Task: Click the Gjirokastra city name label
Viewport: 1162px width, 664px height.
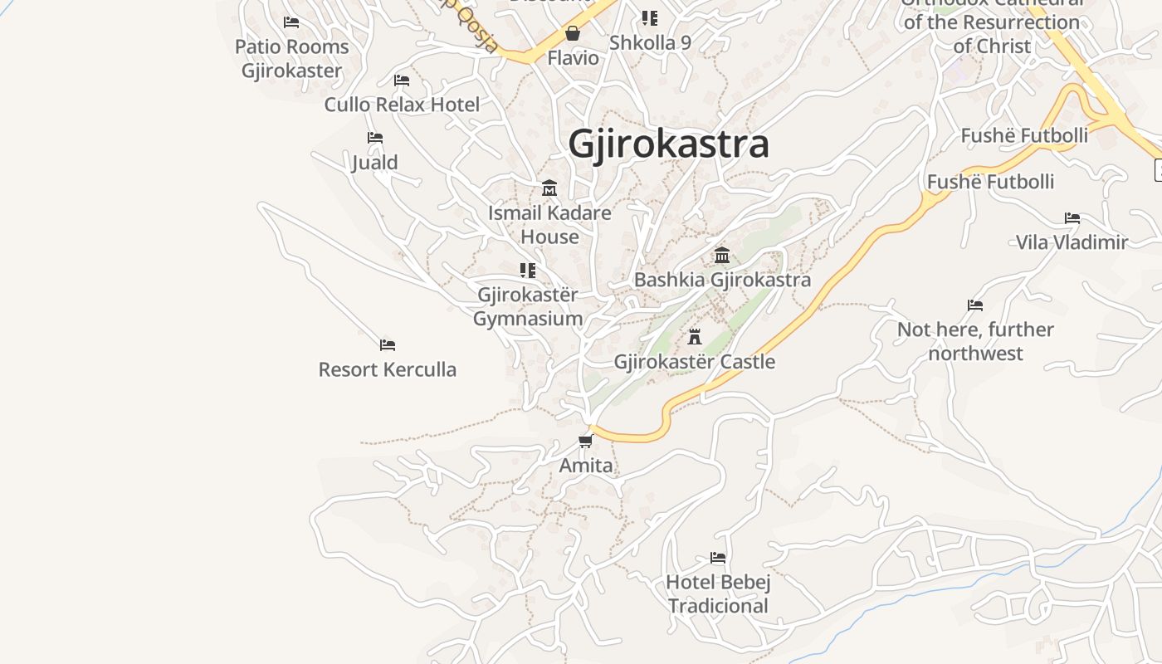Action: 669,144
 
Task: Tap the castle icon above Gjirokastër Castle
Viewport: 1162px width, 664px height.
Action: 695,337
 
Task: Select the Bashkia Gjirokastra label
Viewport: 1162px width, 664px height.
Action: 722,280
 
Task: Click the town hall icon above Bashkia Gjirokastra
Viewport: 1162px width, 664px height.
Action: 722,255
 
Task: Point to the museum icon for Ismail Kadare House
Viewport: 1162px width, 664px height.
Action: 549,188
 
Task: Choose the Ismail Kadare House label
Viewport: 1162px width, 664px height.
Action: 549,225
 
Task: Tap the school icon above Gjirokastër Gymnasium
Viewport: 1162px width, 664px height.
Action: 528,270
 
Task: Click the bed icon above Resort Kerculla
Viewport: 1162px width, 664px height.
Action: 387,344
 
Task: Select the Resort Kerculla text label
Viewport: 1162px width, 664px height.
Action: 387,369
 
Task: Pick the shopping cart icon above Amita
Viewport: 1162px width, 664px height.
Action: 586,441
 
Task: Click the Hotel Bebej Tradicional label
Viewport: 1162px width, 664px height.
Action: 719,594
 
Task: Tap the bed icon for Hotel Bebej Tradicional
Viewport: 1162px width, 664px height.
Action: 718,558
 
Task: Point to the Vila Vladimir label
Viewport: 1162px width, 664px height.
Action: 1072,242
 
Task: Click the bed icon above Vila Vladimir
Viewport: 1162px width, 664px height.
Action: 1072,218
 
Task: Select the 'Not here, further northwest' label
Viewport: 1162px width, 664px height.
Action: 975,341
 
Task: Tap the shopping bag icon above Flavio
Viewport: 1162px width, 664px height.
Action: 573,33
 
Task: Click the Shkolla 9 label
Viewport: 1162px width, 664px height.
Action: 650,42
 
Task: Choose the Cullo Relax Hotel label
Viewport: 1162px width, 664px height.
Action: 402,105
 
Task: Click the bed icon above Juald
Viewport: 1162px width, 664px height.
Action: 375,137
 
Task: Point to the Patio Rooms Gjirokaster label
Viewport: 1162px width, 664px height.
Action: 291,58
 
